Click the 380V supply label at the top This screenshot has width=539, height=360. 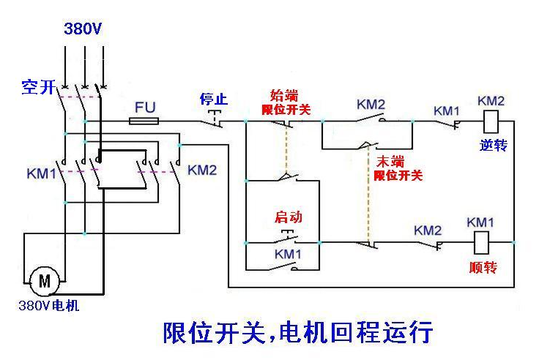83,30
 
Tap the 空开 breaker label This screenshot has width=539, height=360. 39,88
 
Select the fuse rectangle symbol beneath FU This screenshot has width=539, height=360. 145,121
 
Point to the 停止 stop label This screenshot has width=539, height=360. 214,98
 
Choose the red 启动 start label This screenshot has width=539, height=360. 288,217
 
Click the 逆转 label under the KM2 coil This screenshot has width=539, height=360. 494,145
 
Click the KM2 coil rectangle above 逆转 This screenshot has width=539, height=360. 491,121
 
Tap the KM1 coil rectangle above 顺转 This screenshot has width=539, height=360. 481,242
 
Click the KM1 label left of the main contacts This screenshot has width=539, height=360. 42,174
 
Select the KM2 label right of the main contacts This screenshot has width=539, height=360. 202,170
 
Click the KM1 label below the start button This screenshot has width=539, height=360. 289,253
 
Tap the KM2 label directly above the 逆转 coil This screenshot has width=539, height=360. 491,100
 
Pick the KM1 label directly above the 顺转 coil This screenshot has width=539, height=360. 480,222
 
